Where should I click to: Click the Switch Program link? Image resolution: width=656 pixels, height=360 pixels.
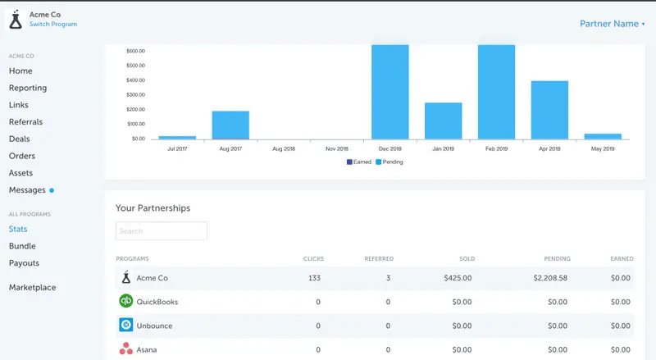pos(53,25)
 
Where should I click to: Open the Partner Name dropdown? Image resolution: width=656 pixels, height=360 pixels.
pos(612,24)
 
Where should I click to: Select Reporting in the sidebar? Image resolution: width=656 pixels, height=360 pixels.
pos(28,88)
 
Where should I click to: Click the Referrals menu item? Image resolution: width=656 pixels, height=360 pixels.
pos(25,122)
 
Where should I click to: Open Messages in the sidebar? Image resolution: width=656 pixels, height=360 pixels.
pos(27,190)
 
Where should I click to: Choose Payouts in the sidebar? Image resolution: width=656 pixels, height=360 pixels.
pos(24,263)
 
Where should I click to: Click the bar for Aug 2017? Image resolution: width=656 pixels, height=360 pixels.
pos(230,125)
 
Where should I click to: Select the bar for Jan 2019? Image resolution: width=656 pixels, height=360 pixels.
pos(443,121)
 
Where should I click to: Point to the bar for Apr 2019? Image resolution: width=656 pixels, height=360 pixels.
pos(549,110)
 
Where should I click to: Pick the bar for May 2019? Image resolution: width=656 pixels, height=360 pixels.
pos(603,136)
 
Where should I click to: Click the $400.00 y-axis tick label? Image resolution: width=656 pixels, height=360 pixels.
pos(135,80)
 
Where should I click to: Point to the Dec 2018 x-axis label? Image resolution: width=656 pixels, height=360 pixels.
pos(389,149)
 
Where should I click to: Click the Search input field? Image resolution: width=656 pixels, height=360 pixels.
pos(162,231)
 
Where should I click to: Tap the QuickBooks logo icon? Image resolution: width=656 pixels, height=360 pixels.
pos(126,301)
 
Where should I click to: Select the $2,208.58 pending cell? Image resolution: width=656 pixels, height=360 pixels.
pos(551,278)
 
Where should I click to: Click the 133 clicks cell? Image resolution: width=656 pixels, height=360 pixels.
pos(313,278)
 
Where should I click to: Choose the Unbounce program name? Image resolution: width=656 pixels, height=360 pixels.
pos(154,326)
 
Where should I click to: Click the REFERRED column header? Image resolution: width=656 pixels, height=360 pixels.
pos(378,259)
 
